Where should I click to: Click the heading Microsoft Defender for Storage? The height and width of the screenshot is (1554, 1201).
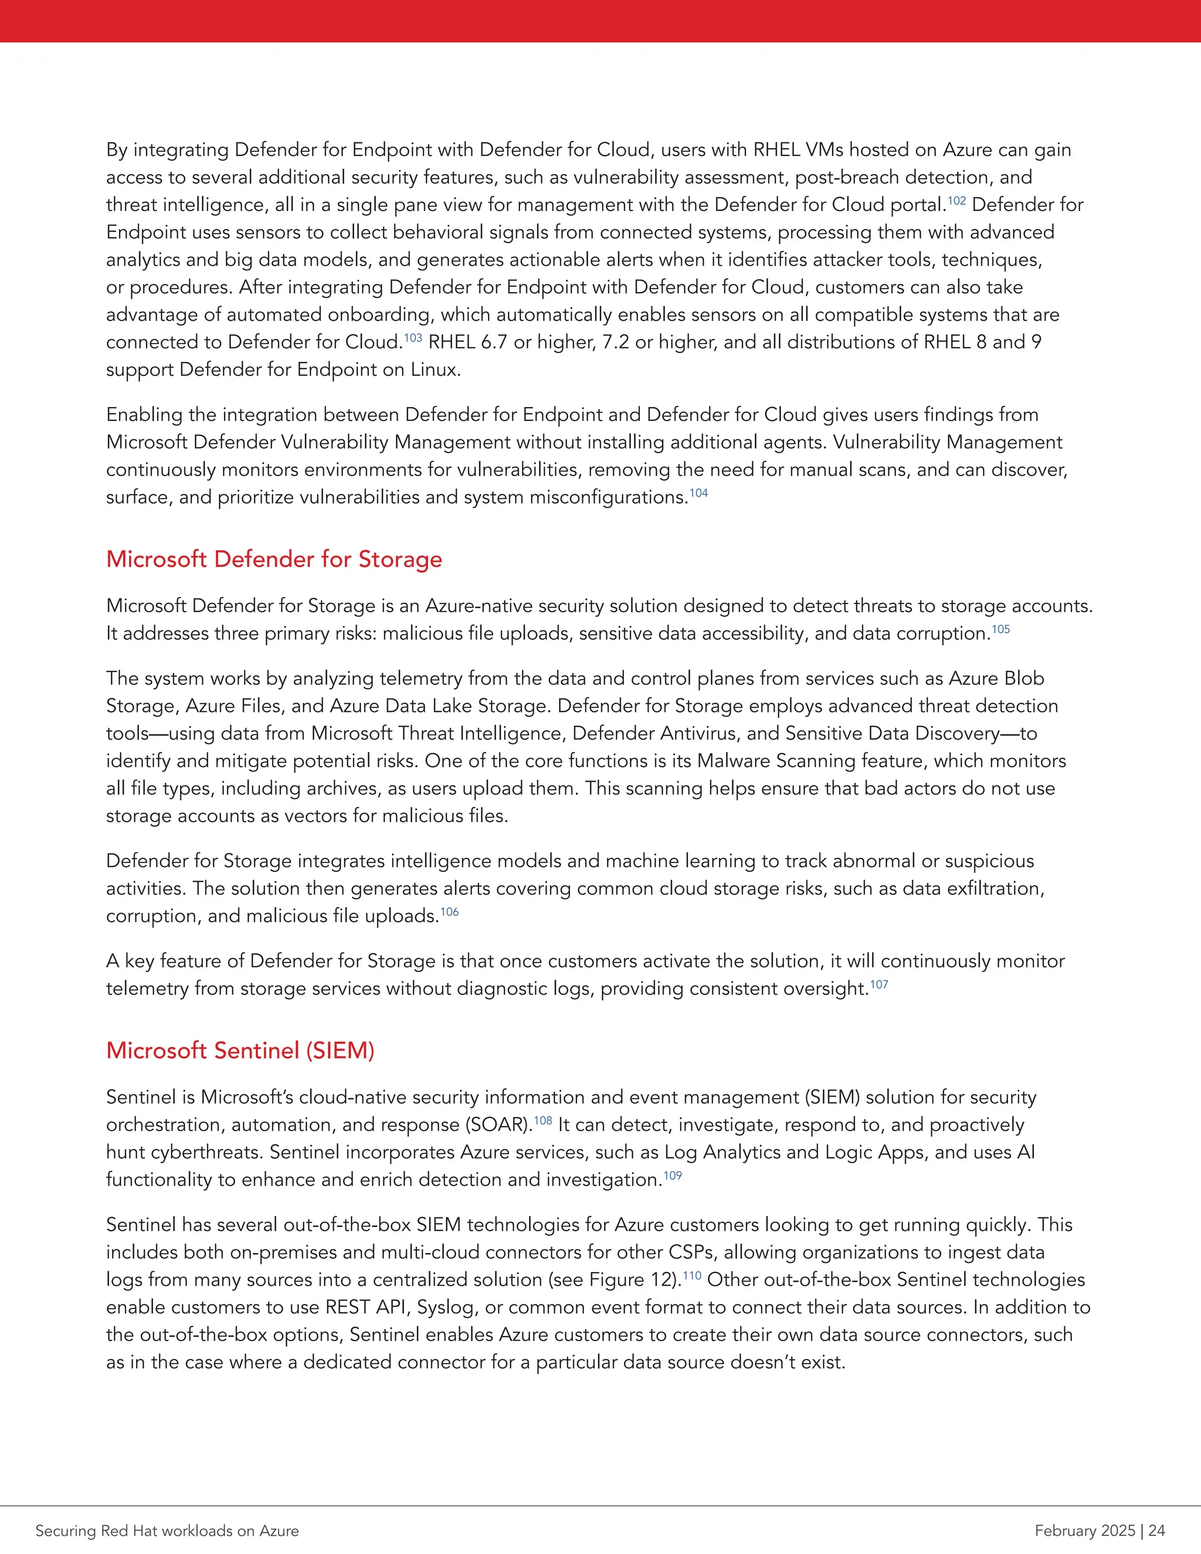pyautogui.click(x=274, y=559)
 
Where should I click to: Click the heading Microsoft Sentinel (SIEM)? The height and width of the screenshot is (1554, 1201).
pyautogui.click(x=240, y=1050)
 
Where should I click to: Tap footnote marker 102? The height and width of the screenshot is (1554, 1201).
pyautogui.click(x=956, y=201)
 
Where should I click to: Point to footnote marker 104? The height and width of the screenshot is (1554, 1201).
pyautogui.click(x=698, y=493)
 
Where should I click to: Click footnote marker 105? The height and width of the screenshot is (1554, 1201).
pyautogui.click(x=1000, y=630)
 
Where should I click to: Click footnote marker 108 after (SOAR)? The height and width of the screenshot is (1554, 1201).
pyautogui.click(x=543, y=1121)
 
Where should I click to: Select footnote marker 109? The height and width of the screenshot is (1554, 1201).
pyautogui.click(x=673, y=1175)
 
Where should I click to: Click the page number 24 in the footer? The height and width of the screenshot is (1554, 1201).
pyautogui.click(x=1156, y=1531)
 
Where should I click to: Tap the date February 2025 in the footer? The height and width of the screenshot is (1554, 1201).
pyautogui.click(x=1085, y=1531)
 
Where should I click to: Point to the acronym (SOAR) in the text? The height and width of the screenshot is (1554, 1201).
pyautogui.click(x=498, y=1125)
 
